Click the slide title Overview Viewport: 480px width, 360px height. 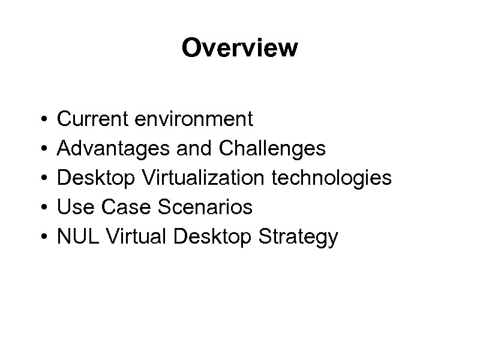click(239, 48)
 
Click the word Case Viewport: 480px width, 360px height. click(119, 207)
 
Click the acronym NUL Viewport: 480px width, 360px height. click(76, 236)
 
